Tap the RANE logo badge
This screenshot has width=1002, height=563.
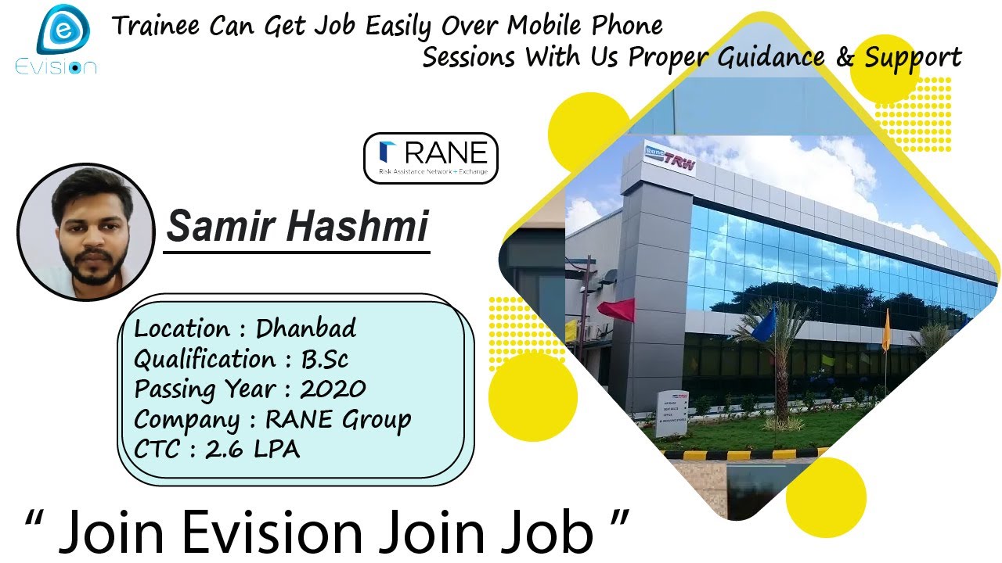[431, 158]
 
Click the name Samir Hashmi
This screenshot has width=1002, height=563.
[297, 226]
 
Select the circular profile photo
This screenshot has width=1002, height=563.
[85, 232]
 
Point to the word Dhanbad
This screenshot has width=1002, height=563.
[306, 328]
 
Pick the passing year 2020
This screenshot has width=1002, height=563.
[333, 389]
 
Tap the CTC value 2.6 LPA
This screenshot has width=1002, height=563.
[252, 449]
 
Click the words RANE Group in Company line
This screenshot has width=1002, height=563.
[338, 419]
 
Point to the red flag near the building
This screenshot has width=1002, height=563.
[617, 309]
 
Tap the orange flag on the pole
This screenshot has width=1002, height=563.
[886, 332]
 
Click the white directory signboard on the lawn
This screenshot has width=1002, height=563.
[672, 413]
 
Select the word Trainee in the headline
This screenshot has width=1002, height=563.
[156, 26]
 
